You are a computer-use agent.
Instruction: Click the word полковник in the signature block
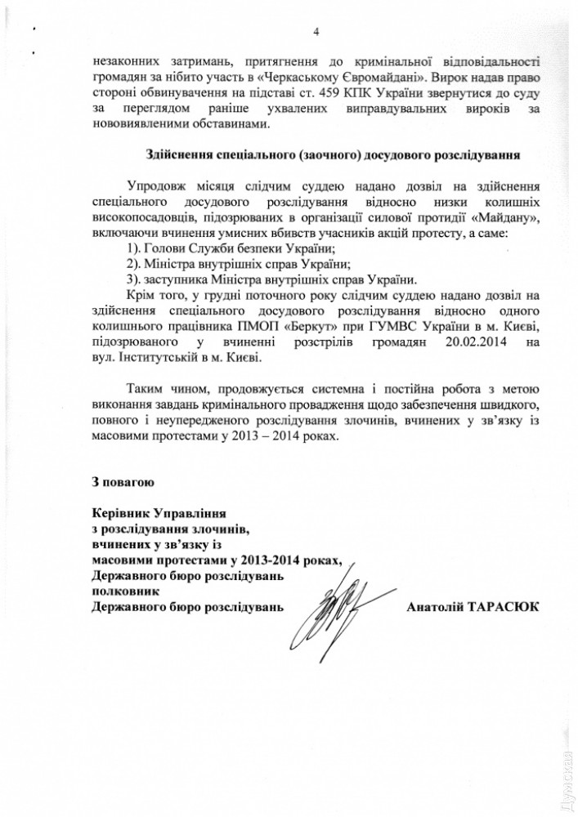(120, 590)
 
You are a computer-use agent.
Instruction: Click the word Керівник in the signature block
(121, 512)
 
